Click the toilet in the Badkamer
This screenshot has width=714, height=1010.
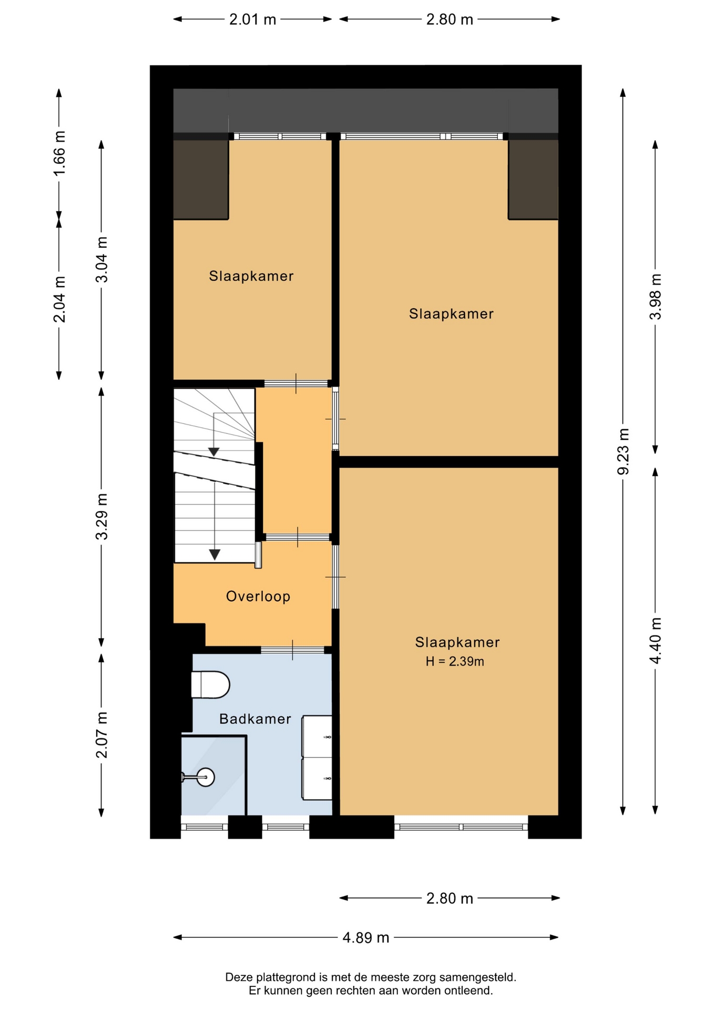[x=210, y=684]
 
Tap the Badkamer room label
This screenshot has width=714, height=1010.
[x=255, y=719]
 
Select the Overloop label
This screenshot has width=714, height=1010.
[x=258, y=596]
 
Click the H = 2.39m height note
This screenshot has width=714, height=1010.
[x=455, y=661]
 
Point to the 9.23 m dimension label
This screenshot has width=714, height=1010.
[x=623, y=451]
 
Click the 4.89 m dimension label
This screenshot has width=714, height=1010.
[x=366, y=937]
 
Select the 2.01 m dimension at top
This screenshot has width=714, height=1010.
[x=252, y=19]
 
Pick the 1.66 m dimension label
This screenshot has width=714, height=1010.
[x=59, y=154]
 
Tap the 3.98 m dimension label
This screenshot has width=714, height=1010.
[x=656, y=297]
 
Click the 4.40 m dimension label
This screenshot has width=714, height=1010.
[x=656, y=641]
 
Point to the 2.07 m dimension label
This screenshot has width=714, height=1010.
[x=101, y=735]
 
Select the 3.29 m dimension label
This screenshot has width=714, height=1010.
[x=101, y=517]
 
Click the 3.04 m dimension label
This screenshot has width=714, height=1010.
[x=101, y=259]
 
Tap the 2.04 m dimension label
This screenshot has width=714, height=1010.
[x=59, y=299]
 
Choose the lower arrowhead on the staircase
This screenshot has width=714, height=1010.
[x=215, y=554]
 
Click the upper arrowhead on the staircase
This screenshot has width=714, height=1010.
[x=213, y=452]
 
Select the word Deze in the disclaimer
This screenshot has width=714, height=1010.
[x=236, y=977]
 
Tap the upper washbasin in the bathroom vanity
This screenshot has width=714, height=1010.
[x=318, y=736]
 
